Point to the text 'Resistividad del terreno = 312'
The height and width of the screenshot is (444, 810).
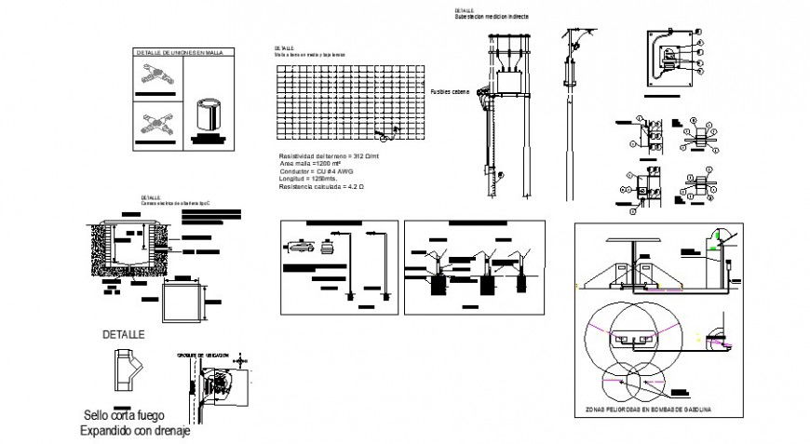(327, 155)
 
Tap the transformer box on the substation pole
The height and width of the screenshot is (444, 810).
(511, 82)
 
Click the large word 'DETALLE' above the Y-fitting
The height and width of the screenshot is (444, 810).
(124, 334)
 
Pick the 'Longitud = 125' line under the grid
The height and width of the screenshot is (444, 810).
(308, 180)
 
